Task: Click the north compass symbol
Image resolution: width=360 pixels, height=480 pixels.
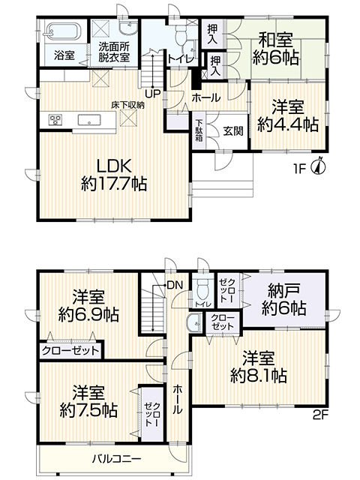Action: pos(319,166)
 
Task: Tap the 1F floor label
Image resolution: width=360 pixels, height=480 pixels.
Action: pos(300,169)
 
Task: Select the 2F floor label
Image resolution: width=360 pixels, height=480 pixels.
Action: pos(320,415)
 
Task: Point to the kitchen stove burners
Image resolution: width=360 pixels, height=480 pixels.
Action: pos(55,119)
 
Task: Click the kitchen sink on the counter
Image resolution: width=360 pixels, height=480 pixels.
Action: pos(89,120)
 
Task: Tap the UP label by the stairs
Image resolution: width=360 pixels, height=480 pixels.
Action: pos(153,93)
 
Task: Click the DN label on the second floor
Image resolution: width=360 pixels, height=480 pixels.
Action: pos(175,286)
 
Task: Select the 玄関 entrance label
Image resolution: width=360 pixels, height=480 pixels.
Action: pos(233,130)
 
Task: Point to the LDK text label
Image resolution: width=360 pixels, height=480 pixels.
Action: pos(114,166)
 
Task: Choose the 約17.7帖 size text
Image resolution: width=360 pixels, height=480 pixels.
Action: pos(114,184)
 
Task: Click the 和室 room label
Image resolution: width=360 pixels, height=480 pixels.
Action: pos(276,40)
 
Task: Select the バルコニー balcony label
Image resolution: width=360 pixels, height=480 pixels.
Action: pos(117,458)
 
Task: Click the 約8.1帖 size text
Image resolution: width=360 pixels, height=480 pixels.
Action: pos(259,376)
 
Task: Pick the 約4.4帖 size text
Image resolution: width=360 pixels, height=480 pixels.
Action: pos(288,124)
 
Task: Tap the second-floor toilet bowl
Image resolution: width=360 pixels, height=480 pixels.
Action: pos(202,288)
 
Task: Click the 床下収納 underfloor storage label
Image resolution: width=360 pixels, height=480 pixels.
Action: pos(127,106)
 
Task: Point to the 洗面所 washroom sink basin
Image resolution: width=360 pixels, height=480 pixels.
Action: pos(129,28)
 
